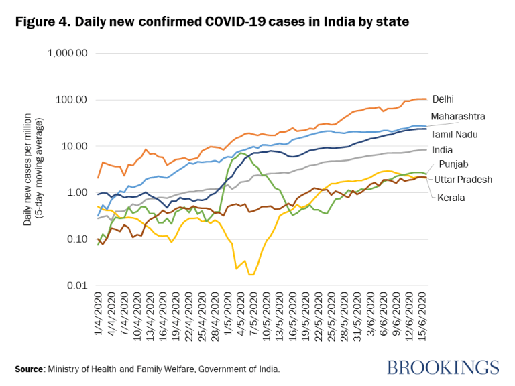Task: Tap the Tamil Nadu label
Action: point(453,134)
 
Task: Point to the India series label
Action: point(442,149)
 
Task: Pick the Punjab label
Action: point(453,164)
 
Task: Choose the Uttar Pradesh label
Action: point(463,180)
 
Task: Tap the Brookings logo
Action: point(443,367)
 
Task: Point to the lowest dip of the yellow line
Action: point(251,274)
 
